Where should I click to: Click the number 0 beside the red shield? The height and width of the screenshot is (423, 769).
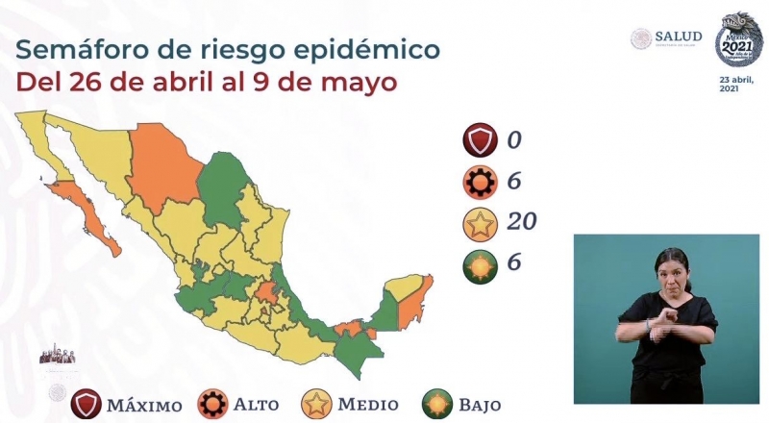(x=513, y=140)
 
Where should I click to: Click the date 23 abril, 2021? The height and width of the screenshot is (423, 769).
(x=735, y=83)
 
